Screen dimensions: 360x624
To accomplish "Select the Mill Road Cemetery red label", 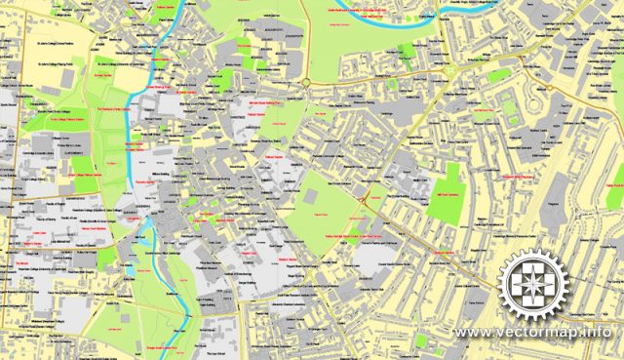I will pos(445,197).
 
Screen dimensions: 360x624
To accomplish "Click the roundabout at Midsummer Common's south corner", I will pos(306,83).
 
